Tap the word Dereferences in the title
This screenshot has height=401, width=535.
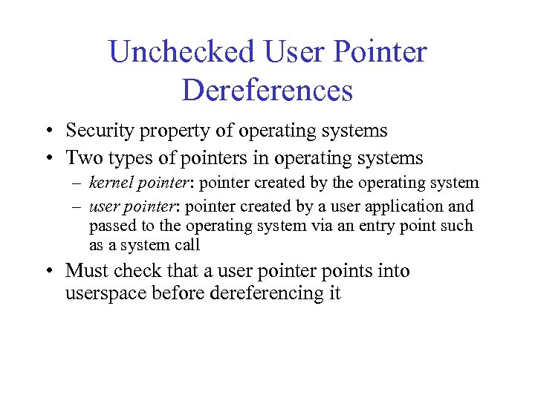pyautogui.click(x=267, y=91)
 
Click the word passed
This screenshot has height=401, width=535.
pyautogui.click(x=109, y=226)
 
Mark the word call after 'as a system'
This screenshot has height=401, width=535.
pyautogui.click(x=186, y=246)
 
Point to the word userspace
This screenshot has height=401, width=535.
pyautogui.click(x=106, y=293)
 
